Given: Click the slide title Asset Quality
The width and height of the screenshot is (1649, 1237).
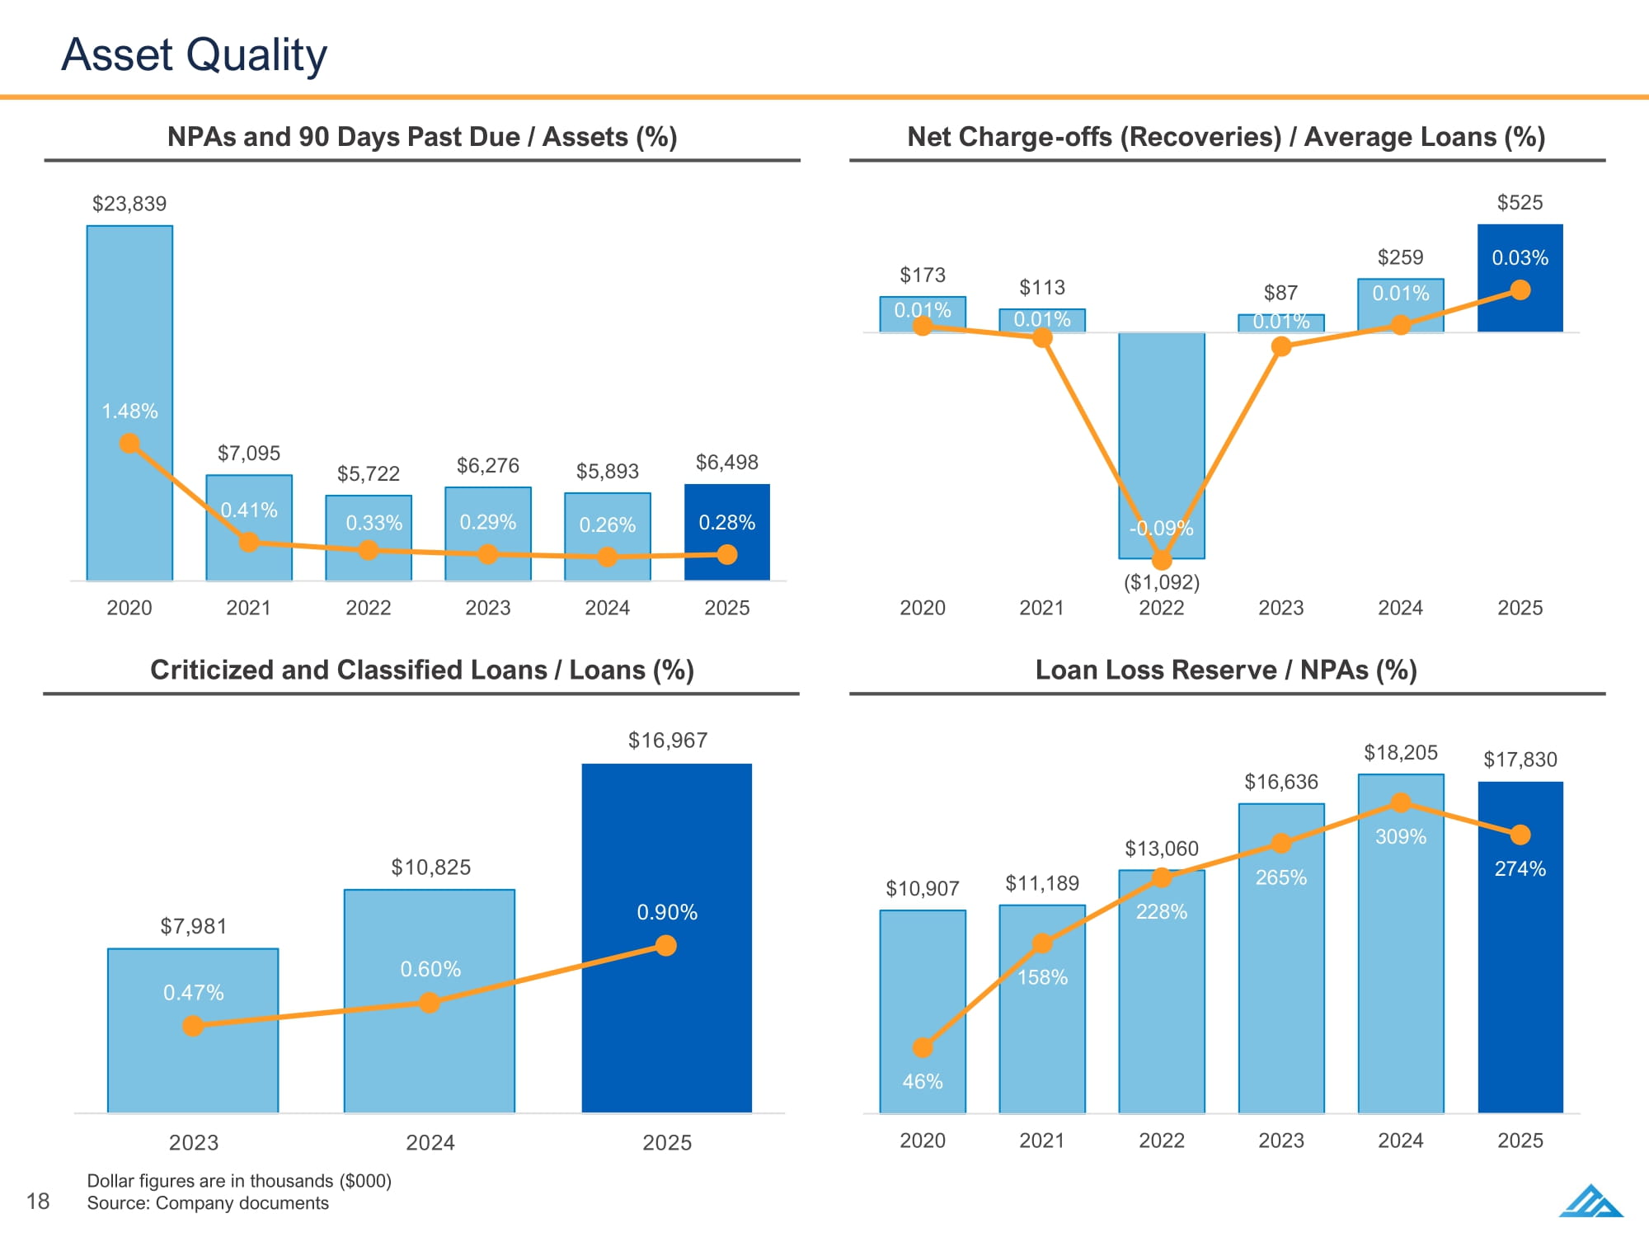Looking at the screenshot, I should coord(194,54).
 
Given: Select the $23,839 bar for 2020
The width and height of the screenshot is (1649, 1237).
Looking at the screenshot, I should coord(129,330).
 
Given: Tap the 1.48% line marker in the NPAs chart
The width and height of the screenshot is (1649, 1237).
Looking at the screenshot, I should coord(129,444).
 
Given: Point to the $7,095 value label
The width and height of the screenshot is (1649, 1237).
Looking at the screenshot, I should coord(248,453).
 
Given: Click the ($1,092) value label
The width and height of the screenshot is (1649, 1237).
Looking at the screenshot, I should coord(1161,582).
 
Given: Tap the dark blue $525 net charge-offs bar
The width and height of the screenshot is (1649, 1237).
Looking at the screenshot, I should coord(1520,277).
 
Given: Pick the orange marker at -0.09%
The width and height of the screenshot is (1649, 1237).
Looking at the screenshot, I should coord(1161,561).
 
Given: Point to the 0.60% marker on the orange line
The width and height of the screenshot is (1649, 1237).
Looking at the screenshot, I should coord(430,1003).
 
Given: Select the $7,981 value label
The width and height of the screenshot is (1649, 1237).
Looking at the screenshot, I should coord(193,926).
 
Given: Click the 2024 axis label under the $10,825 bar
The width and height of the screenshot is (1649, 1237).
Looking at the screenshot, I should coord(430,1142).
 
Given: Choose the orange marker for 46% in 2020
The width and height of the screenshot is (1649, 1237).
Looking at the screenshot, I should coord(923,1047).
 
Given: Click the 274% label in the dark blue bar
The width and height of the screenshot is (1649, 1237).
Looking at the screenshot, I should coord(1520,868).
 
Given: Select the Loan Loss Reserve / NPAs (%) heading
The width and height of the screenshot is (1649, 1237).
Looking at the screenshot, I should coord(1226,670).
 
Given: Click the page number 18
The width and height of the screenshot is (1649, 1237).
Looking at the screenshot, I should coord(38,1201).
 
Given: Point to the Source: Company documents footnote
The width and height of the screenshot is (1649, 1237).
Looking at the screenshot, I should coord(208,1203).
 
